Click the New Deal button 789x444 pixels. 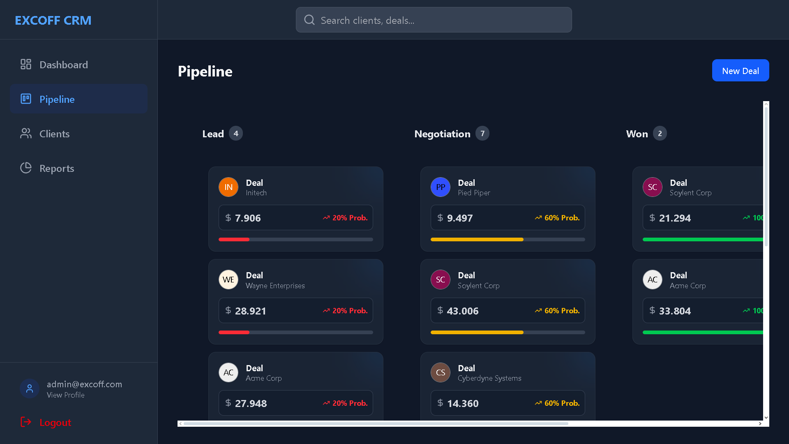click(740, 71)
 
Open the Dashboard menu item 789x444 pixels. click(64, 65)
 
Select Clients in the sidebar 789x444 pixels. click(54, 134)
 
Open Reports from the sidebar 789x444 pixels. click(57, 168)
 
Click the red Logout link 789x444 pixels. click(55, 422)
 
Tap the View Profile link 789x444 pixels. click(66, 395)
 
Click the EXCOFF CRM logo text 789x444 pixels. click(53, 20)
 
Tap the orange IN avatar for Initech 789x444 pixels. click(228, 187)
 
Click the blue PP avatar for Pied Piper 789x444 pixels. click(441, 187)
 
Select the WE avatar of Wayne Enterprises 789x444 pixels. click(228, 280)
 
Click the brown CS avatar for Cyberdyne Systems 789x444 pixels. click(441, 372)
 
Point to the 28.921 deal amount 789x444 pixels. click(250, 311)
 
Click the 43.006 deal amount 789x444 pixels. click(463, 311)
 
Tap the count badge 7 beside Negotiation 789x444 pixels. click(482, 133)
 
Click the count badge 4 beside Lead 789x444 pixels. click(236, 133)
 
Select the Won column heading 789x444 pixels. click(637, 134)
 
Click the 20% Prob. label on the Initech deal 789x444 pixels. click(349, 218)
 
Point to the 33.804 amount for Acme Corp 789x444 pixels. click(675, 311)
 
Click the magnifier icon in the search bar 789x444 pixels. click(309, 20)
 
